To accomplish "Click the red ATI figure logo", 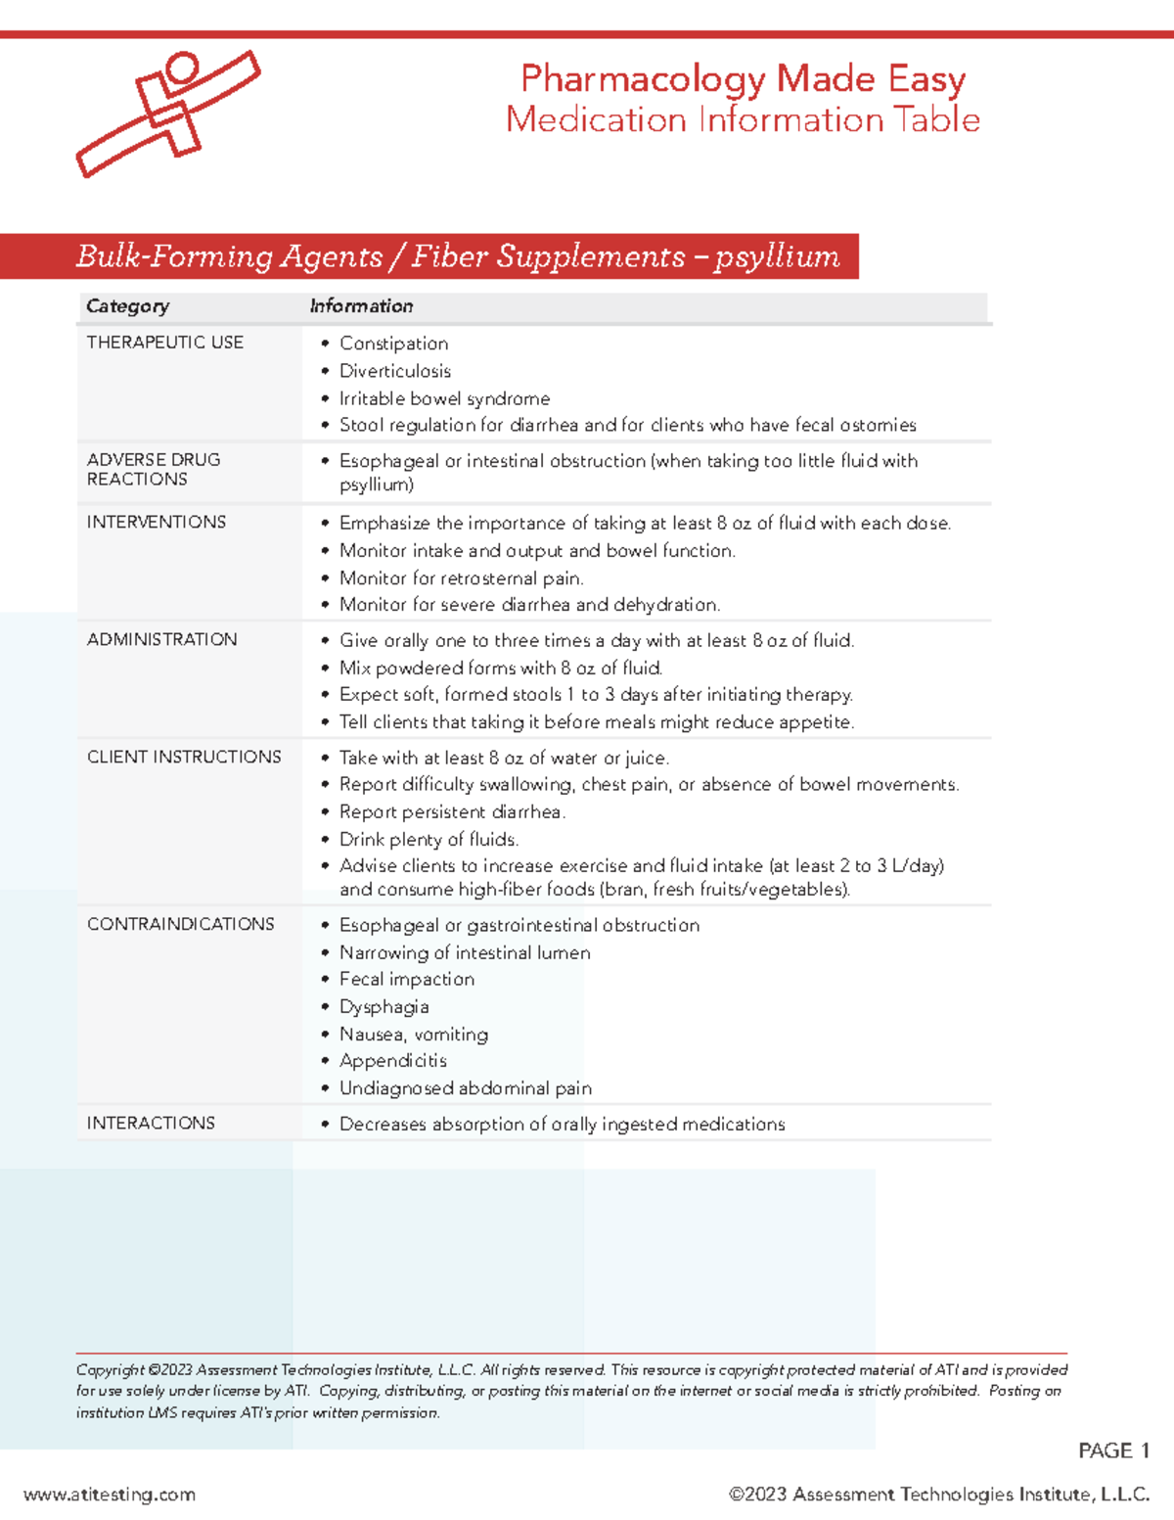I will pyautogui.click(x=168, y=113).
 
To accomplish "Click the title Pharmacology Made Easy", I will pyautogui.click(x=743, y=78).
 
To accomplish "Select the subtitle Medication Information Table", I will pyautogui.click(x=743, y=119).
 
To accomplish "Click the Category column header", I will pyautogui.click(x=127, y=306).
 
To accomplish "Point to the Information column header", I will pyautogui.click(x=361, y=306).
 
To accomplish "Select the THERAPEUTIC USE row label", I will pyautogui.click(x=164, y=343).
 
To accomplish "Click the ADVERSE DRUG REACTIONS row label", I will pyautogui.click(x=153, y=470).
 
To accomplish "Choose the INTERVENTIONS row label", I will pyautogui.click(x=156, y=523).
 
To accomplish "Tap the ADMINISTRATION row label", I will pyautogui.click(x=161, y=640).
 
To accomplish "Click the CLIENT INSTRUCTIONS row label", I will pyautogui.click(x=184, y=758).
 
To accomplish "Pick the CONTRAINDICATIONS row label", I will pyautogui.click(x=180, y=924).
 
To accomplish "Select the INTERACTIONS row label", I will pyautogui.click(x=151, y=1124).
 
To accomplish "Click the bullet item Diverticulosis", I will pyautogui.click(x=394, y=371).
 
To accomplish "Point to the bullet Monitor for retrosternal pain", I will pyautogui.click(x=461, y=578).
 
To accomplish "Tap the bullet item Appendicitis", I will pyautogui.click(x=392, y=1061).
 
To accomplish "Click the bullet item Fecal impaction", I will pyautogui.click(x=406, y=980).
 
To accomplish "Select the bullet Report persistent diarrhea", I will pyautogui.click(x=452, y=812).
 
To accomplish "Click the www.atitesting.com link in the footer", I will pyautogui.click(x=110, y=1495).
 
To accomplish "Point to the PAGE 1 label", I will pyautogui.click(x=1112, y=1451).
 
